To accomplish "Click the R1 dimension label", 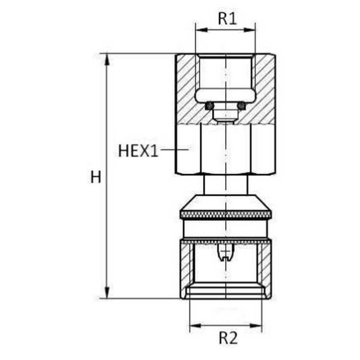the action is click(227, 19).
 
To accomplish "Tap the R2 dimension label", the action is click(228, 338).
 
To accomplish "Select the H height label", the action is click(95, 177).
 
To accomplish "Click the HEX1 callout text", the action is click(138, 151).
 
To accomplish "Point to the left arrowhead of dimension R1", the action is click(202, 30).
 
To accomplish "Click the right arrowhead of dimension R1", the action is click(250, 30).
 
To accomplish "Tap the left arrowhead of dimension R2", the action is click(196, 326).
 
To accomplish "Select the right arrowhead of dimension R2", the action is click(256, 326).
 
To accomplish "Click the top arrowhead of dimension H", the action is click(107, 59).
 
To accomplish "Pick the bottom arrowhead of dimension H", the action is click(107, 292).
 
